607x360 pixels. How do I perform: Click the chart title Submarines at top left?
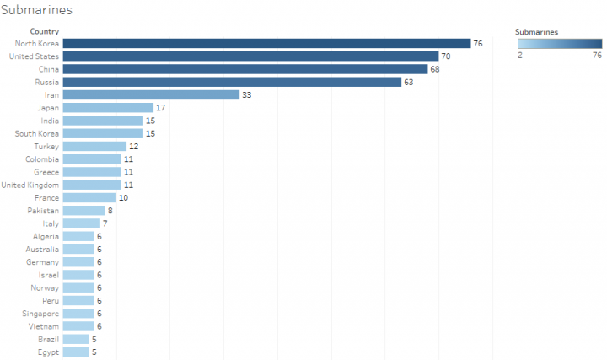(x=36, y=11)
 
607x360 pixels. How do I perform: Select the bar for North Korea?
(x=266, y=43)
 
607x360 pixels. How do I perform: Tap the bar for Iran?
(x=151, y=94)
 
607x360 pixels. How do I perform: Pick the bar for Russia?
(x=232, y=82)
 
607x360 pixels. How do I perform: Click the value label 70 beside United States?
(x=446, y=56)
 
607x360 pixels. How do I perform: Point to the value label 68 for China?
(x=435, y=69)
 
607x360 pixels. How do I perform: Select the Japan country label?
(x=48, y=108)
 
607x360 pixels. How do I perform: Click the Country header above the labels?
(x=44, y=31)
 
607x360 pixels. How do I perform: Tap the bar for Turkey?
(x=94, y=146)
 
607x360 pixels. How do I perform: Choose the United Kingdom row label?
(x=30, y=185)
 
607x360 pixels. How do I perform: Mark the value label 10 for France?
(x=123, y=197)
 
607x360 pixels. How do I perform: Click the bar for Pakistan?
(x=84, y=211)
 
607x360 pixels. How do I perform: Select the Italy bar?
(x=82, y=223)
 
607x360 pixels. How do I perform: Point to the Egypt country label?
(x=49, y=352)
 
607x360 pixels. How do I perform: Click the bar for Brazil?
(x=76, y=339)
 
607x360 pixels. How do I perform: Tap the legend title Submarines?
(x=536, y=31)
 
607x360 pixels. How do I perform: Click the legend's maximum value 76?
(x=597, y=56)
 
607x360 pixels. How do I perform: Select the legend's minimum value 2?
(x=519, y=56)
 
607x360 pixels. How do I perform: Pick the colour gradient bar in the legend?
(x=560, y=44)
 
